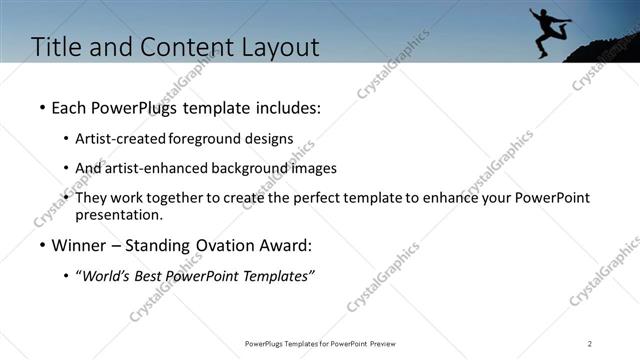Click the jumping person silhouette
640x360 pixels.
point(548,30)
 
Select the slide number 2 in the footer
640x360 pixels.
point(590,344)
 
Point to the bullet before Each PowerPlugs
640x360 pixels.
point(41,106)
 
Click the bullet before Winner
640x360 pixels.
point(41,246)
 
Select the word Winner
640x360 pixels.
point(80,246)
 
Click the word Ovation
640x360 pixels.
point(231,246)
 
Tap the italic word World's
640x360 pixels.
point(107,276)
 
